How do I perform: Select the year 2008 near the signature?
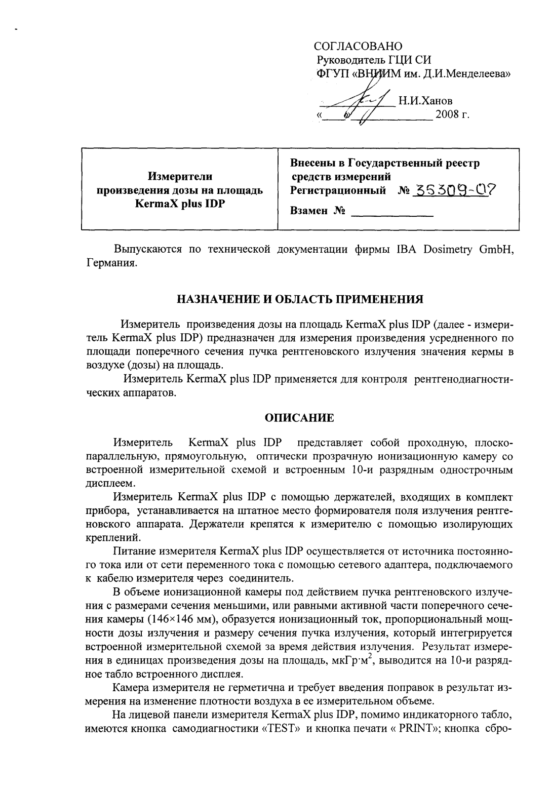coord(446,115)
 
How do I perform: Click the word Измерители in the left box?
coord(180,177)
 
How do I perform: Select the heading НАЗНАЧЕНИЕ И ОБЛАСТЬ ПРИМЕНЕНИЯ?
coord(299,299)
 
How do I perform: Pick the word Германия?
coord(110,264)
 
